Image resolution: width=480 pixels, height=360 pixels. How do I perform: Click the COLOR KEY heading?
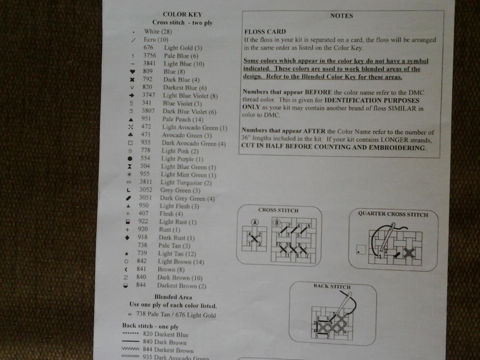click(182, 14)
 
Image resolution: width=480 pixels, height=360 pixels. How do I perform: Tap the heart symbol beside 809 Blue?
click(132, 71)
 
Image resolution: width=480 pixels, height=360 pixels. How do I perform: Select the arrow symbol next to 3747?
click(132, 95)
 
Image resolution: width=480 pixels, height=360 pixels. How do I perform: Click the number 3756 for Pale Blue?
click(149, 55)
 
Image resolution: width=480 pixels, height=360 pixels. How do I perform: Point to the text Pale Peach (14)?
click(183, 119)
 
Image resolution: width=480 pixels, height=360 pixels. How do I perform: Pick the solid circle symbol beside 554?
click(130, 158)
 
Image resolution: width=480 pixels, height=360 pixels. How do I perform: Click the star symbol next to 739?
click(127, 254)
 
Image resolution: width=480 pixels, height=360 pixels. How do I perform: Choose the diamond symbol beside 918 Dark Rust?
click(127, 237)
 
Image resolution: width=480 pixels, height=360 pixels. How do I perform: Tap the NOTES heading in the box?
click(341, 16)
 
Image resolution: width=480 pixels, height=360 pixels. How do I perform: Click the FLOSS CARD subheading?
click(265, 32)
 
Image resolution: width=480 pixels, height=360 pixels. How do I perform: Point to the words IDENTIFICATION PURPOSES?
click(372, 100)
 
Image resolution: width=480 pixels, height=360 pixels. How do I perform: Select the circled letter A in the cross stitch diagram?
click(255, 222)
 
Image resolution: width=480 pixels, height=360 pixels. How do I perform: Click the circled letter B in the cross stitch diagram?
click(276, 222)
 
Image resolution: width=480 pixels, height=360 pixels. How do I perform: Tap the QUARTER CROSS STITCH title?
click(393, 214)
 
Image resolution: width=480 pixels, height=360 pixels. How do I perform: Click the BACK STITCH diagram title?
click(332, 286)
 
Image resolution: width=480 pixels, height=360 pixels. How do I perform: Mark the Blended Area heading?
click(173, 297)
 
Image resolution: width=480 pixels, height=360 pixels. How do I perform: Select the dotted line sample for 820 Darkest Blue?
click(131, 333)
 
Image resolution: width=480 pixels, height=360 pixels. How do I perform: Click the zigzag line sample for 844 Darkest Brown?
click(131, 348)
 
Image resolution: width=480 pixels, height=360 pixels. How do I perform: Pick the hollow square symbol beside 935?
click(130, 143)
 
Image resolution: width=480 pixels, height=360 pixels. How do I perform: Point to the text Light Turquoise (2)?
click(186, 183)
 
